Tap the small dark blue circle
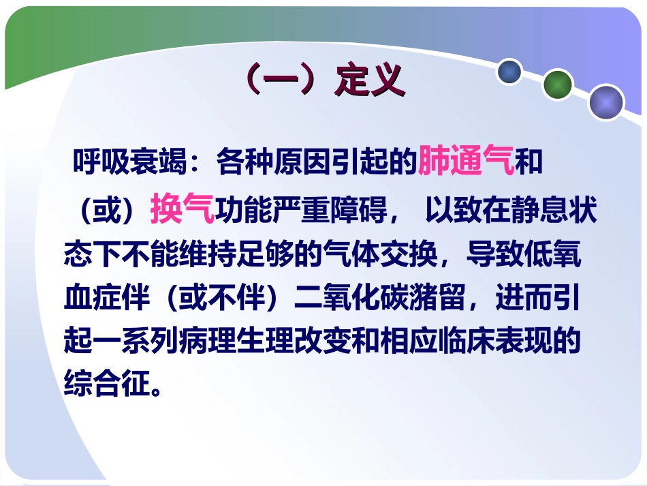click(x=509, y=72)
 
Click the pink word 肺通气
click(x=467, y=163)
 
